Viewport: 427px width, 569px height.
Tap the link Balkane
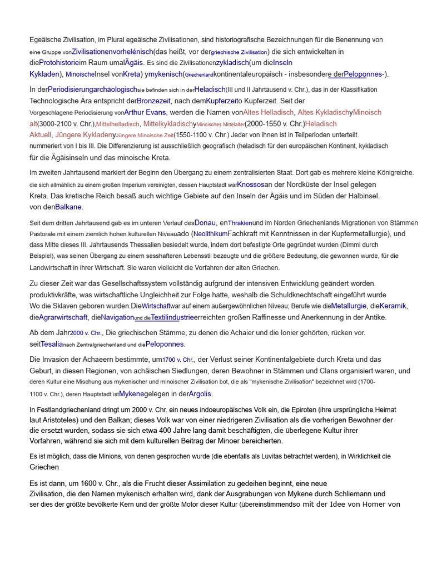coord(68,207)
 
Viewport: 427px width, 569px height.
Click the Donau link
coord(205,222)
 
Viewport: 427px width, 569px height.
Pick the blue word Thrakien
coord(240,223)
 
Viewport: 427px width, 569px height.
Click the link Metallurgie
coord(349,306)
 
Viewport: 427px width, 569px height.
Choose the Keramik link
coord(393,306)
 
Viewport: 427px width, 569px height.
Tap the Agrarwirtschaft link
coord(63,317)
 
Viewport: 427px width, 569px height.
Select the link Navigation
coord(117,317)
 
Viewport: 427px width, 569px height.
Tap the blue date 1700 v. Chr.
coord(178,360)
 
